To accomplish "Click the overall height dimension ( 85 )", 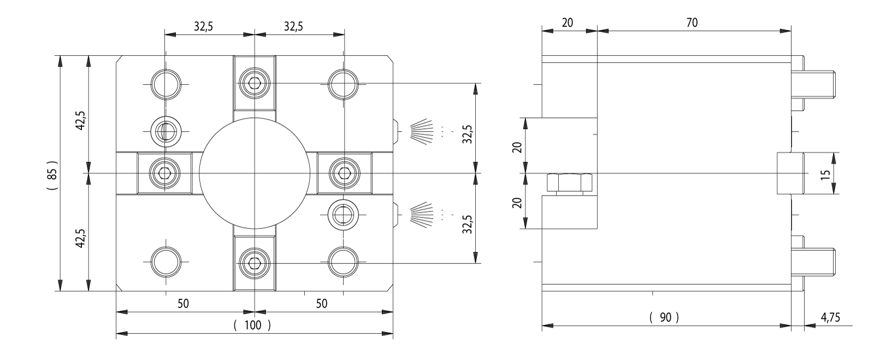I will [52, 174].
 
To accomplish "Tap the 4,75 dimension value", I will [830, 317].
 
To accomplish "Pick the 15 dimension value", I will [825, 174].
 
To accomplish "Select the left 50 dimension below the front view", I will [183, 304].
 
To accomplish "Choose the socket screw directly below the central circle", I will [254, 264].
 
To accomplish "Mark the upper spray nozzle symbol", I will [422, 131].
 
